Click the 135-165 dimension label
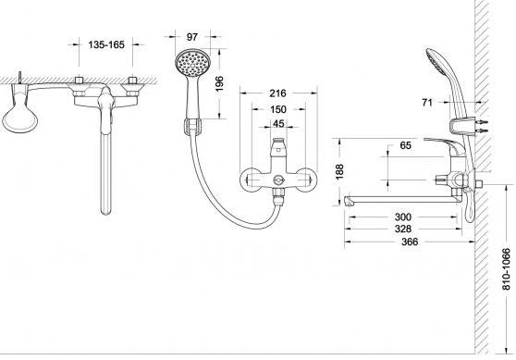pyautogui.click(x=106, y=44)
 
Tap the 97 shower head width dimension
pyautogui.click(x=192, y=37)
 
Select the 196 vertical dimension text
pyautogui.click(x=219, y=83)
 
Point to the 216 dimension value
pyautogui.click(x=278, y=93)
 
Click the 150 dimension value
pyautogui.click(x=278, y=109)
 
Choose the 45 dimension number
pyautogui.click(x=278, y=123)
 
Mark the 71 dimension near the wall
pyautogui.click(x=427, y=103)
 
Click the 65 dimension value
pyautogui.click(x=405, y=145)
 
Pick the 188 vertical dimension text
pyautogui.click(x=339, y=171)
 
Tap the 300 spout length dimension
pyautogui.click(x=403, y=217)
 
